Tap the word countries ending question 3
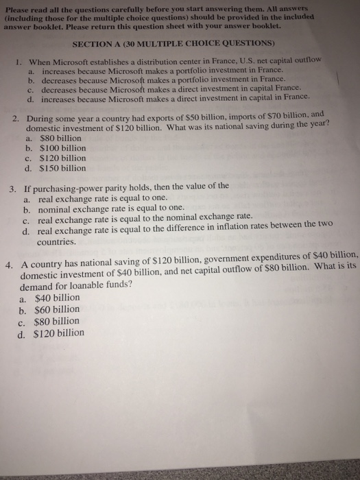point(56,241)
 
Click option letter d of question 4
point(23,334)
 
